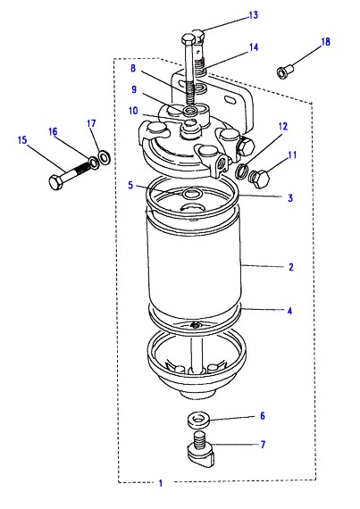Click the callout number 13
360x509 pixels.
coord(253,15)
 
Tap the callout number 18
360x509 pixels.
coord(325,42)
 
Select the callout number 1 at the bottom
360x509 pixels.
coord(161,483)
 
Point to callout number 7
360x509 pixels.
coord(263,444)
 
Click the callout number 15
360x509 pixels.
coord(22,140)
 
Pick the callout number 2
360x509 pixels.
coord(290,267)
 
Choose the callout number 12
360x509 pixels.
coord(283,126)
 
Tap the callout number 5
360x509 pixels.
coord(130,185)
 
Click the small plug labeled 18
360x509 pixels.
coord(285,71)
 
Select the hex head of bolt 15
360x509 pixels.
coord(56,183)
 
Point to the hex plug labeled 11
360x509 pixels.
coord(260,179)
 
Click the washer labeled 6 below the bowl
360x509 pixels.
coord(198,419)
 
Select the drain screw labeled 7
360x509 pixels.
coord(201,449)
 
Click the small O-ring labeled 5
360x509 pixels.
coord(193,194)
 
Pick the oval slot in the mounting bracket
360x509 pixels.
coord(230,100)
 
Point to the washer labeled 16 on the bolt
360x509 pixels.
coord(94,163)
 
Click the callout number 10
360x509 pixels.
coord(133,111)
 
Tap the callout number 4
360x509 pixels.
coord(290,311)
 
